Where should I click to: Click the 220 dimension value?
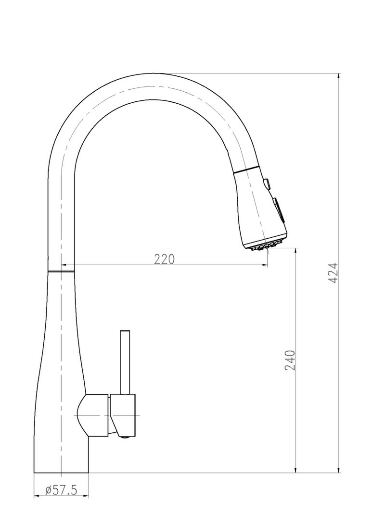click(164, 259)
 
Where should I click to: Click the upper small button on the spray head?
click(267, 183)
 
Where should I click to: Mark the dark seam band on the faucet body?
click(62, 272)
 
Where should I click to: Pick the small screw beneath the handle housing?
click(124, 436)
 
